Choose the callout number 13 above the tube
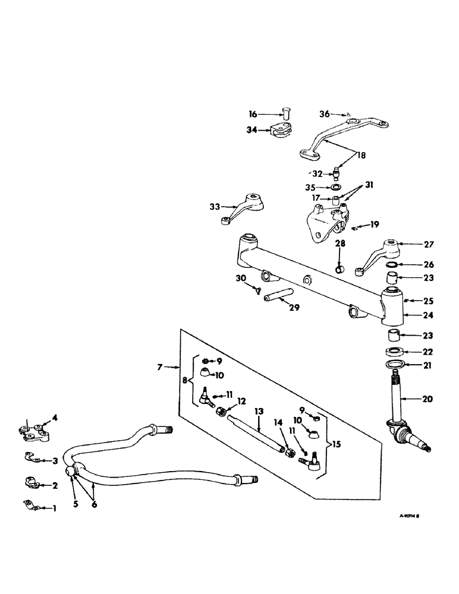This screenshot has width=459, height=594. click(x=258, y=411)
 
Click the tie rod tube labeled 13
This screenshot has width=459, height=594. click(x=256, y=434)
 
